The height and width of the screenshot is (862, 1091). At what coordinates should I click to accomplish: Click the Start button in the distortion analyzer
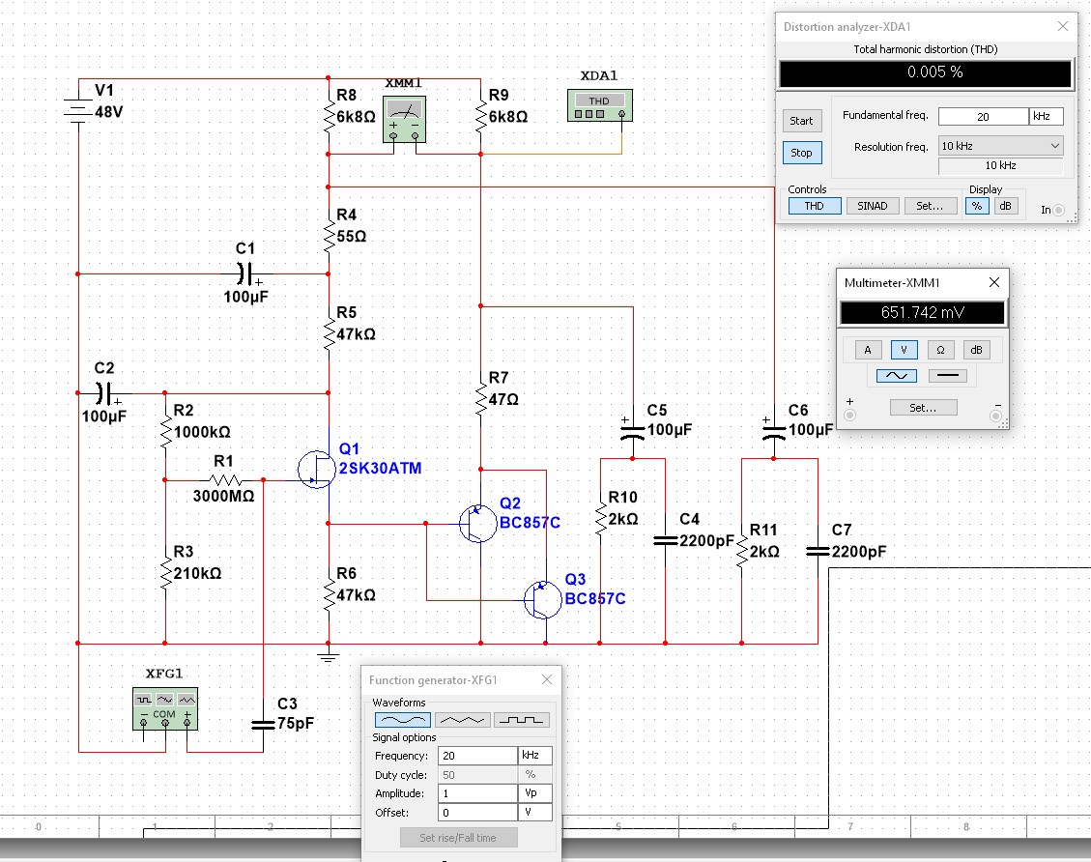click(x=801, y=121)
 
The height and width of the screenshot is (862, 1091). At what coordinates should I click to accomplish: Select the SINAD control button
click(x=872, y=206)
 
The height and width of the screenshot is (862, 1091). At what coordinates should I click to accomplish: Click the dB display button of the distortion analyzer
click(x=1006, y=206)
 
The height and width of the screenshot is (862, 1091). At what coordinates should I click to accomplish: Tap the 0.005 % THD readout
click(x=925, y=73)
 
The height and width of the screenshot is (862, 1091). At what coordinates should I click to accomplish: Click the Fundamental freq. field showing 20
click(x=982, y=116)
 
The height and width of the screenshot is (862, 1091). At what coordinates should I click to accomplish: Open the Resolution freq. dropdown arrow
click(x=1053, y=146)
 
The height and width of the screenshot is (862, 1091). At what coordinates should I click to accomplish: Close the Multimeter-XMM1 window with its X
click(x=994, y=283)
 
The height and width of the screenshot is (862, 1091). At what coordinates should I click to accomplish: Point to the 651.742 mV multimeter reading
click(x=922, y=313)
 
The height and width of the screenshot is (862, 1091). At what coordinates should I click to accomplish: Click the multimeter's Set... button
click(x=923, y=408)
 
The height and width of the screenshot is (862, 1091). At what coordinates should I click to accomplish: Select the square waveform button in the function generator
click(x=521, y=720)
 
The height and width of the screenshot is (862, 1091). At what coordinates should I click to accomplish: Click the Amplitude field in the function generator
click(x=476, y=793)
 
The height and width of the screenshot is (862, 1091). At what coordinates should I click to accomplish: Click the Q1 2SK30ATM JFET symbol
click(x=316, y=468)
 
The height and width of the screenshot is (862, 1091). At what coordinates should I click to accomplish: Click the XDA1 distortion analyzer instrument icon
click(x=598, y=105)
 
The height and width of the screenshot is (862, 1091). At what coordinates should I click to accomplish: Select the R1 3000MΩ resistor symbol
click(x=225, y=479)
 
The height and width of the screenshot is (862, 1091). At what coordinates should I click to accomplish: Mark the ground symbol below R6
click(x=330, y=657)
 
